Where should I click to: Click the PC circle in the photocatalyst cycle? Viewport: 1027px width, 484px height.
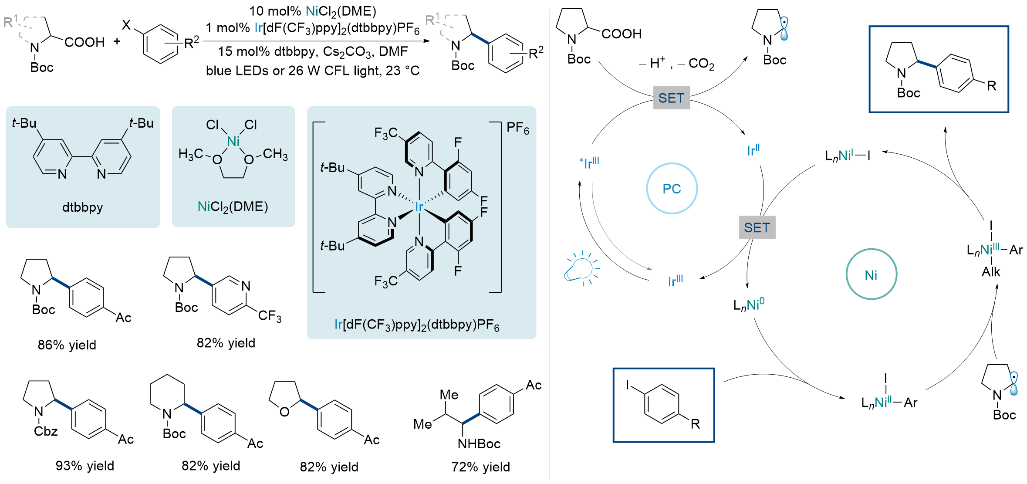672,189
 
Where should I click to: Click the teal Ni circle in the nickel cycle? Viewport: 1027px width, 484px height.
871,275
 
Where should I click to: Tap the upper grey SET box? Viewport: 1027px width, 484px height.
671,98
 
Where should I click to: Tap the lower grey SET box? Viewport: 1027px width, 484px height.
757,227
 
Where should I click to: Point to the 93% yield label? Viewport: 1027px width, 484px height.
84,466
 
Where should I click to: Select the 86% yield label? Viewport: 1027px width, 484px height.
67,345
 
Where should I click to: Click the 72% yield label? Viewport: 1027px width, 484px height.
480,467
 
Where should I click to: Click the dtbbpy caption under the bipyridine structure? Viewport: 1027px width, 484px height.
82,207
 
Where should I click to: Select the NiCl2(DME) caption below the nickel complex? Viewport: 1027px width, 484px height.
233,206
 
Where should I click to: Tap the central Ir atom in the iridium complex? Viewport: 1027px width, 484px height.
419,207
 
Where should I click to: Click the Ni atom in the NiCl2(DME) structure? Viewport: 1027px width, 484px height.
233,141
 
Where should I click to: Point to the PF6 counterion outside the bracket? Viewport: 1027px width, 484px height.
517,128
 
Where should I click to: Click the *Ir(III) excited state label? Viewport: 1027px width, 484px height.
589,163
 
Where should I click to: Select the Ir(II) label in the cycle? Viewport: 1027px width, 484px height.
753,150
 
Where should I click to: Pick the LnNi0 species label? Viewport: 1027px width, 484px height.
749,305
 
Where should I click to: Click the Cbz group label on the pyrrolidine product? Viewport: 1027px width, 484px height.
46,431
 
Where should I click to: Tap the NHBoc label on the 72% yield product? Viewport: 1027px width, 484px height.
479,443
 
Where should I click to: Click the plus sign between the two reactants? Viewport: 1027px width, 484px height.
117,41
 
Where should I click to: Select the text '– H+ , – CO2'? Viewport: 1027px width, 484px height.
676,64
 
